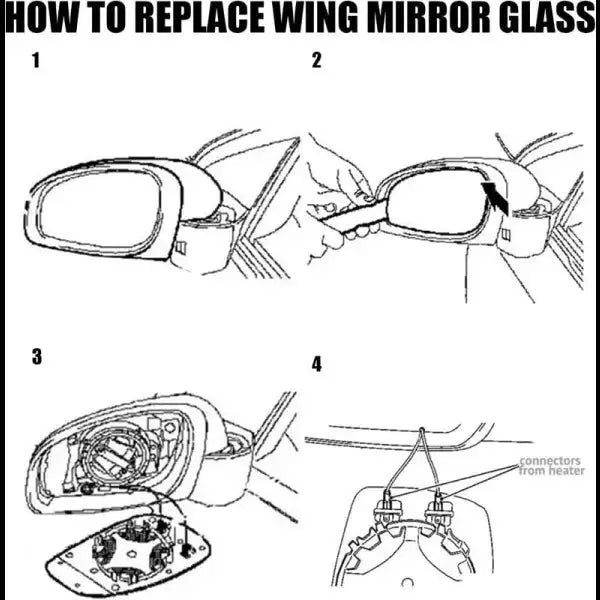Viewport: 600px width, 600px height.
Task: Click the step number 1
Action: [36, 60]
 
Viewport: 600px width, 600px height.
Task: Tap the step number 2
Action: [316, 60]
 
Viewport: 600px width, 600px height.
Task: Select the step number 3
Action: [37, 357]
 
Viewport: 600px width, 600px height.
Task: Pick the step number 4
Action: [316, 364]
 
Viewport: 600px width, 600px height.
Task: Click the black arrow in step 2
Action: [496, 197]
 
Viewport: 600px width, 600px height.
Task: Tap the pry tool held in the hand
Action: [352, 217]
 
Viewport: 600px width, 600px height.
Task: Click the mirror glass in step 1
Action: [101, 210]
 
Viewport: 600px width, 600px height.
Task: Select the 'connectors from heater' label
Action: [551, 466]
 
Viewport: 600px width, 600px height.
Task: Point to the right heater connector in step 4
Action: [437, 508]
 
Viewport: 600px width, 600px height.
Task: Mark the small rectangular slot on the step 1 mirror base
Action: [180, 247]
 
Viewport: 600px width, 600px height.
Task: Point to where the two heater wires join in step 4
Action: [422, 429]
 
